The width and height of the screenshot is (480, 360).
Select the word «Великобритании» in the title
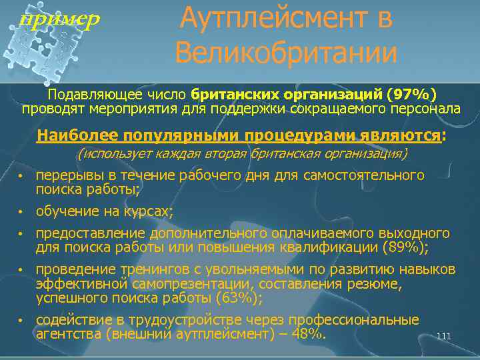287,52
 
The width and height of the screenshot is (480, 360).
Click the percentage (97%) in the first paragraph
415,93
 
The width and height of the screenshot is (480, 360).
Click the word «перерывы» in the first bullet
64,175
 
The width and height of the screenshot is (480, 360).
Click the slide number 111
444,336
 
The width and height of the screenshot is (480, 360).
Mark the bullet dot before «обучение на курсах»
21,213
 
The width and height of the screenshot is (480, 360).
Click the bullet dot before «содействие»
21,321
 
